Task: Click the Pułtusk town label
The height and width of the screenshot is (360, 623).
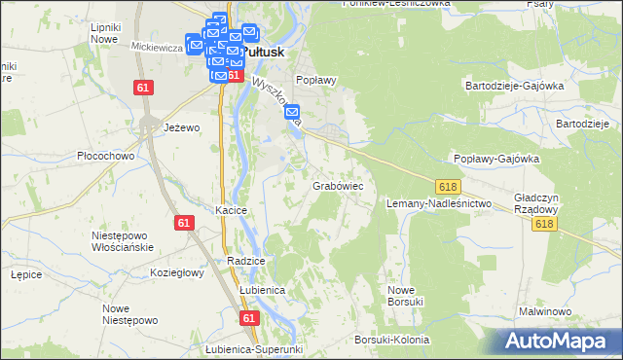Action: tap(264, 53)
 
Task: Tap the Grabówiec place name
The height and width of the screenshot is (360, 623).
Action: tap(338, 184)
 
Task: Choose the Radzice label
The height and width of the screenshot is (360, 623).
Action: tap(245, 262)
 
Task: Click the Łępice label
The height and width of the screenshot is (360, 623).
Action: tap(25, 274)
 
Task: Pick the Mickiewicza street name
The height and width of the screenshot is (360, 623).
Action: tap(158, 46)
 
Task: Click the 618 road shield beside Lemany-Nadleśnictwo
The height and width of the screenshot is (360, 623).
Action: tap(448, 186)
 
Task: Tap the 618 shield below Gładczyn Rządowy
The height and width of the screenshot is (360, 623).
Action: tap(544, 224)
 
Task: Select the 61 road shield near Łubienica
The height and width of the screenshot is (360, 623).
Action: tap(250, 318)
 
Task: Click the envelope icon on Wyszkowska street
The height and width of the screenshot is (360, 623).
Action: tap(292, 114)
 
